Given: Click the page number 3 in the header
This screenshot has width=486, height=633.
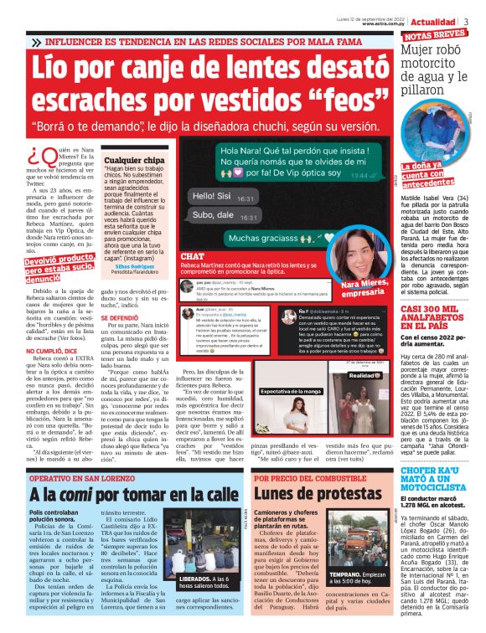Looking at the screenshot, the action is (477, 19).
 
